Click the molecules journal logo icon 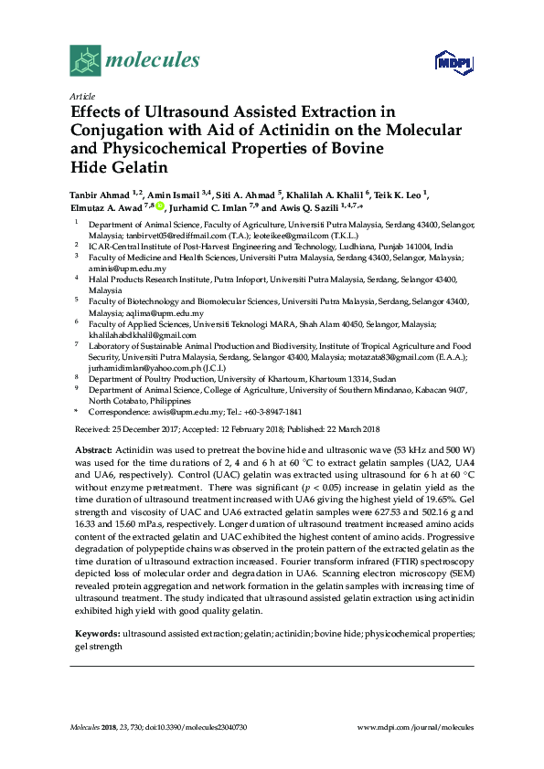(x=85, y=61)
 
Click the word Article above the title (x=80, y=96)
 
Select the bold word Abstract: (x=92, y=451)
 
